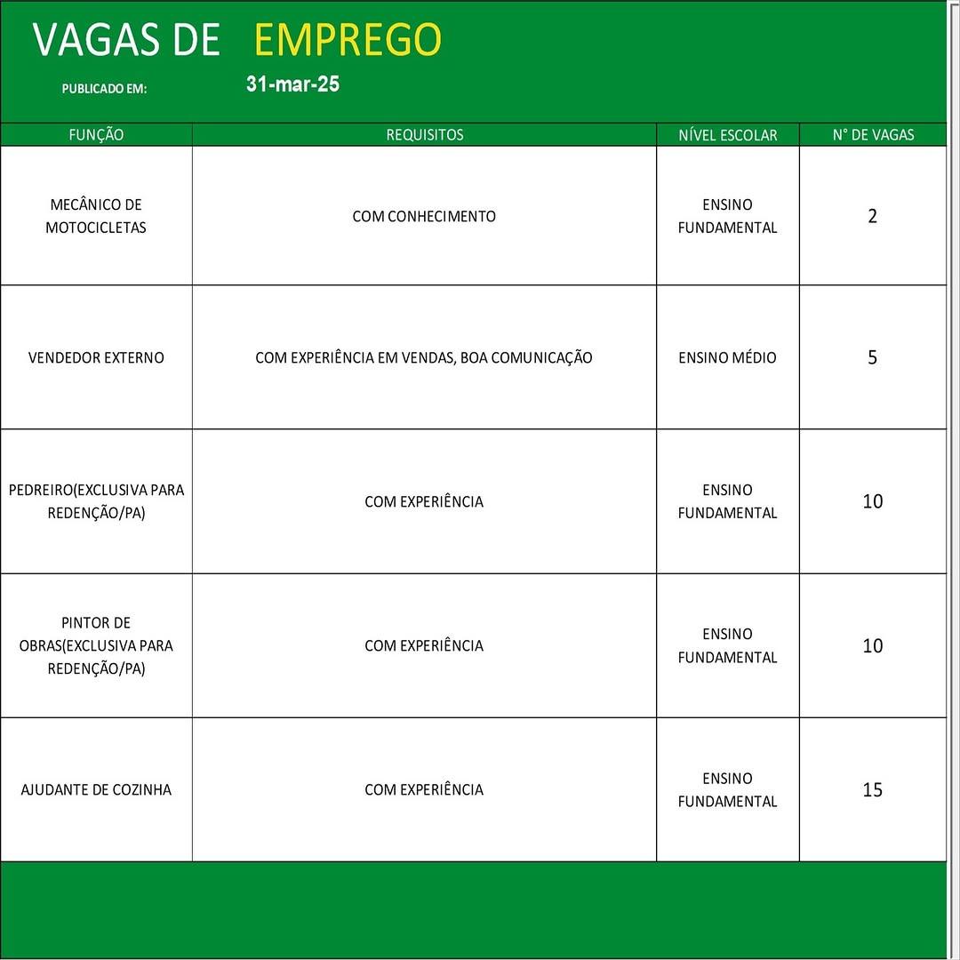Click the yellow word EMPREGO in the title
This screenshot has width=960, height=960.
pos(348,40)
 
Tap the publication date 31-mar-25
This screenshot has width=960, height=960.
pos(292,84)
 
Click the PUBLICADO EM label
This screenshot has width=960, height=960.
pos(104,89)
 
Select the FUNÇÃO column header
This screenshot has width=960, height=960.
pos(96,135)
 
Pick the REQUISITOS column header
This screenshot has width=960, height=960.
pos(424,135)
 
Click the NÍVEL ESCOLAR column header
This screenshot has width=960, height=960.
pos(727,135)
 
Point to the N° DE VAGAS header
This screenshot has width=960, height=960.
pos(873,135)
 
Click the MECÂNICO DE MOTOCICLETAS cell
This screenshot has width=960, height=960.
pos(96,216)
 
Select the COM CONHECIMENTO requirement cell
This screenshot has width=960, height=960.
pos(424,216)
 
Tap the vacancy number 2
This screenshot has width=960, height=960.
pos(872,216)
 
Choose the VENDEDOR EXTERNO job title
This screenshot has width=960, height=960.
pos(96,357)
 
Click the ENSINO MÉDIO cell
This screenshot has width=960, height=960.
pos(727,357)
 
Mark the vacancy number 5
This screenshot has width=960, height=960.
pos(872,357)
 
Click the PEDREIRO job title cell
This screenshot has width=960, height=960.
pos(96,501)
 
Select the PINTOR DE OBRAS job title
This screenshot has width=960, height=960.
pos(96,645)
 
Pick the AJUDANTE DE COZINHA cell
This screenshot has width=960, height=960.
pos(96,789)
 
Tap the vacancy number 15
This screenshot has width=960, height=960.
pos(872,789)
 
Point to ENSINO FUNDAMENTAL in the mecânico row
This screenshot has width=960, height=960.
pos(727,216)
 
